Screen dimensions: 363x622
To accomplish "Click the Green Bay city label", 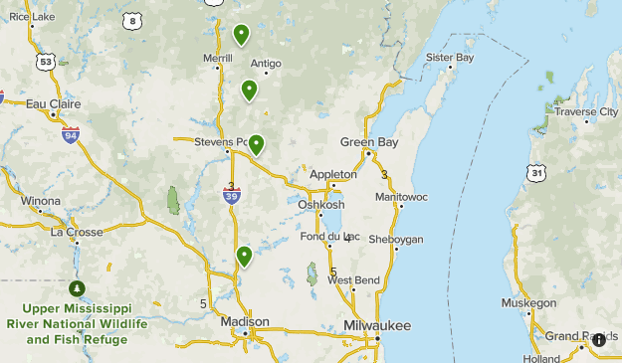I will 369,142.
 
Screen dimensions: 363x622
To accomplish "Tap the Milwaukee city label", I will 377,326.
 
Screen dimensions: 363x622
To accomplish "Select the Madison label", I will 245,321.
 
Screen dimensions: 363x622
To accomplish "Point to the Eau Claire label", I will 51,102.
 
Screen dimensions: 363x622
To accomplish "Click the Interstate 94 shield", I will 70,134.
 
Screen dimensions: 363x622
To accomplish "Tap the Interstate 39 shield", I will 231,196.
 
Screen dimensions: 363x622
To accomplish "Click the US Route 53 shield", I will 45,62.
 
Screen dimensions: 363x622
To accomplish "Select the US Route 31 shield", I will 537,172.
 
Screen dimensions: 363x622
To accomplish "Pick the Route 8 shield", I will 132,20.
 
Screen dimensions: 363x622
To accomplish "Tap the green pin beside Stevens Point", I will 256,145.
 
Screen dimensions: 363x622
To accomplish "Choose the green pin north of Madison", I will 244,258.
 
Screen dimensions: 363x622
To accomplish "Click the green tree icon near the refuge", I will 77,288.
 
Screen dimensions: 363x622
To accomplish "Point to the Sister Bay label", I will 450,57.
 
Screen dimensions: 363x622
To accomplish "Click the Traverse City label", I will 586,111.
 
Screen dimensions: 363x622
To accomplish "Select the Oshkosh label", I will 322,205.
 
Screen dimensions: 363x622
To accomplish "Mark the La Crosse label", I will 77,232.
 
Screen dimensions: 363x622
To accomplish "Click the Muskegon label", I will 528,302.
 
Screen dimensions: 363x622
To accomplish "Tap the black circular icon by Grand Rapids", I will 599,340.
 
